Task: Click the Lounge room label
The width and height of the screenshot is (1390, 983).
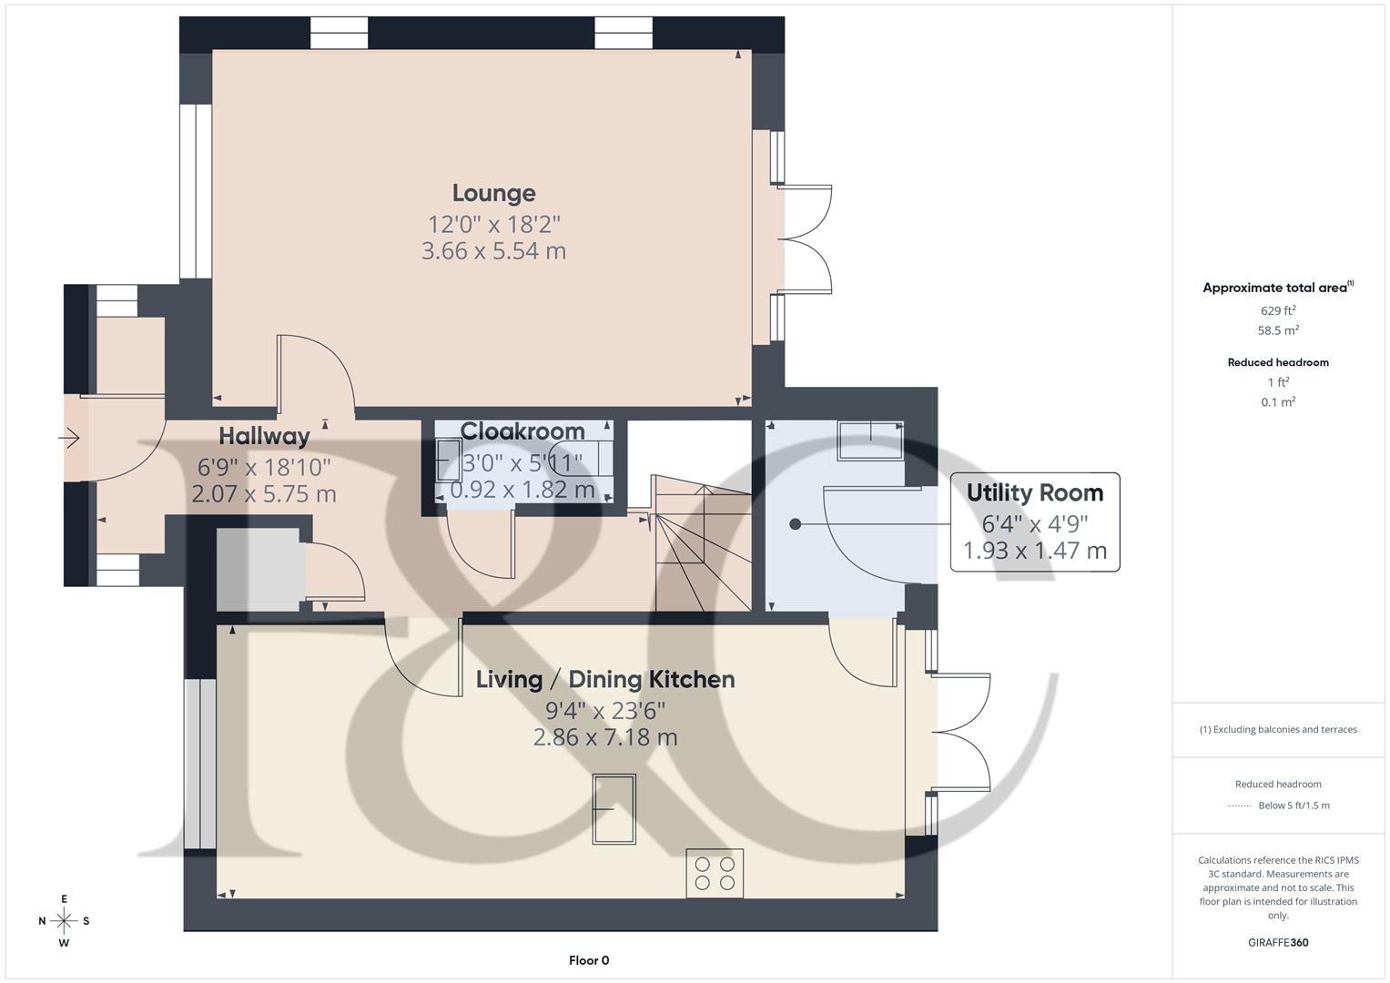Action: pyautogui.click(x=493, y=193)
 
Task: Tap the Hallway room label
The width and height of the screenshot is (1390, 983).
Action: pyautogui.click(x=264, y=436)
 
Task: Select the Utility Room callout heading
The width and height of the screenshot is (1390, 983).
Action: pyautogui.click(x=1034, y=492)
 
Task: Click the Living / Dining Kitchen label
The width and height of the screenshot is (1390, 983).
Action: pyautogui.click(x=604, y=679)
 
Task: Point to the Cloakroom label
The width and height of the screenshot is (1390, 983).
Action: pyautogui.click(x=523, y=431)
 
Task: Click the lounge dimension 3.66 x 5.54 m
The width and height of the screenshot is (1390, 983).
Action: pyautogui.click(x=493, y=251)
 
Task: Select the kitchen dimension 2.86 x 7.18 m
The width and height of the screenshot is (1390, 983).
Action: pyautogui.click(x=604, y=737)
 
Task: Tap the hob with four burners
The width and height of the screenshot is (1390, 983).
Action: pyautogui.click(x=715, y=873)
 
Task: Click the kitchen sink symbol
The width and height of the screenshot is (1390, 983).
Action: pyautogui.click(x=614, y=809)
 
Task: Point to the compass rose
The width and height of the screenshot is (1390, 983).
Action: pyautogui.click(x=64, y=921)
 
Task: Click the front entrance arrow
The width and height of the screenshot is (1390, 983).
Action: pyautogui.click(x=70, y=439)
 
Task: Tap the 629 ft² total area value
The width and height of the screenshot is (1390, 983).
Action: pyautogui.click(x=1278, y=310)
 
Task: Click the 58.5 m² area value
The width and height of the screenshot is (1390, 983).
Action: pyautogui.click(x=1278, y=330)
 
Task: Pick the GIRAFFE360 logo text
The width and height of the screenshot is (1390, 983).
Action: pyautogui.click(x=1278, y=942)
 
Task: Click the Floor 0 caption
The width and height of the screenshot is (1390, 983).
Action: pyautogui.click(x=588, y=960)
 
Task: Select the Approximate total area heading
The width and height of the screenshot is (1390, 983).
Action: pyautogui.click(x=1276, y=288)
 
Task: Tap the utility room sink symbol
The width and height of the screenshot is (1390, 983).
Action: pyautogui.click(x=870, y=441)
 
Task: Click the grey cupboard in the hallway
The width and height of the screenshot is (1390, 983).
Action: pyautogui.click(x=259, y=569)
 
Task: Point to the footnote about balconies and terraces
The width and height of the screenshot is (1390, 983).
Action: pyautogui.click(x=1278, y=729)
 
